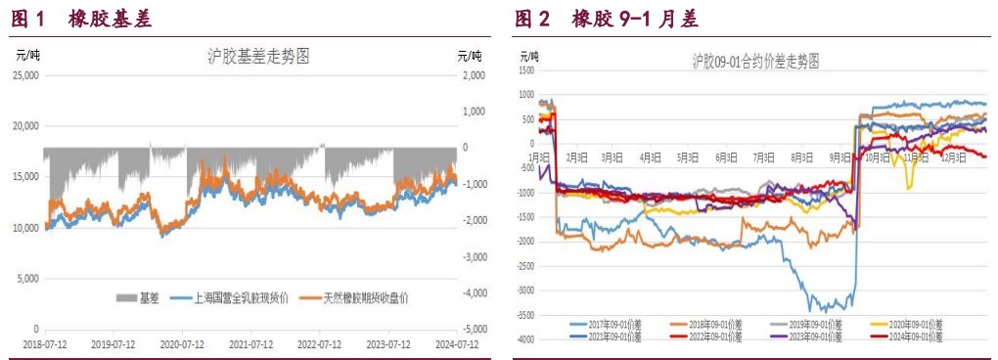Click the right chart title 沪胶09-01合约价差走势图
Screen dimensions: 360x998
pyautogui.click(x=754, y=61)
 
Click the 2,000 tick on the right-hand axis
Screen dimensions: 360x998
pyautogui.click(x=474, y=75)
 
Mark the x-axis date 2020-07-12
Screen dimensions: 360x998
pyautogui.click(x=182, y=344)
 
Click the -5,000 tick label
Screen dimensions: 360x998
pyautogui.click(x=474, y=330)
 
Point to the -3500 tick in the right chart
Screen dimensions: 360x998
pyautogui.click(x=527, y=315)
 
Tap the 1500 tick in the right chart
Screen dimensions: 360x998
pyautogui.click(x=529, y=70)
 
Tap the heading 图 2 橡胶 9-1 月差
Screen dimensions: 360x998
pyautogui.click(x=606, y=19)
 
